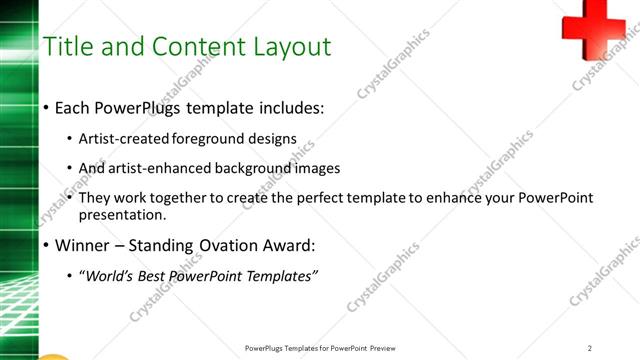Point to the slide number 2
pyautogui.click(x=590, y=347)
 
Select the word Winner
pyautogui.click(x=84, y=245)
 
